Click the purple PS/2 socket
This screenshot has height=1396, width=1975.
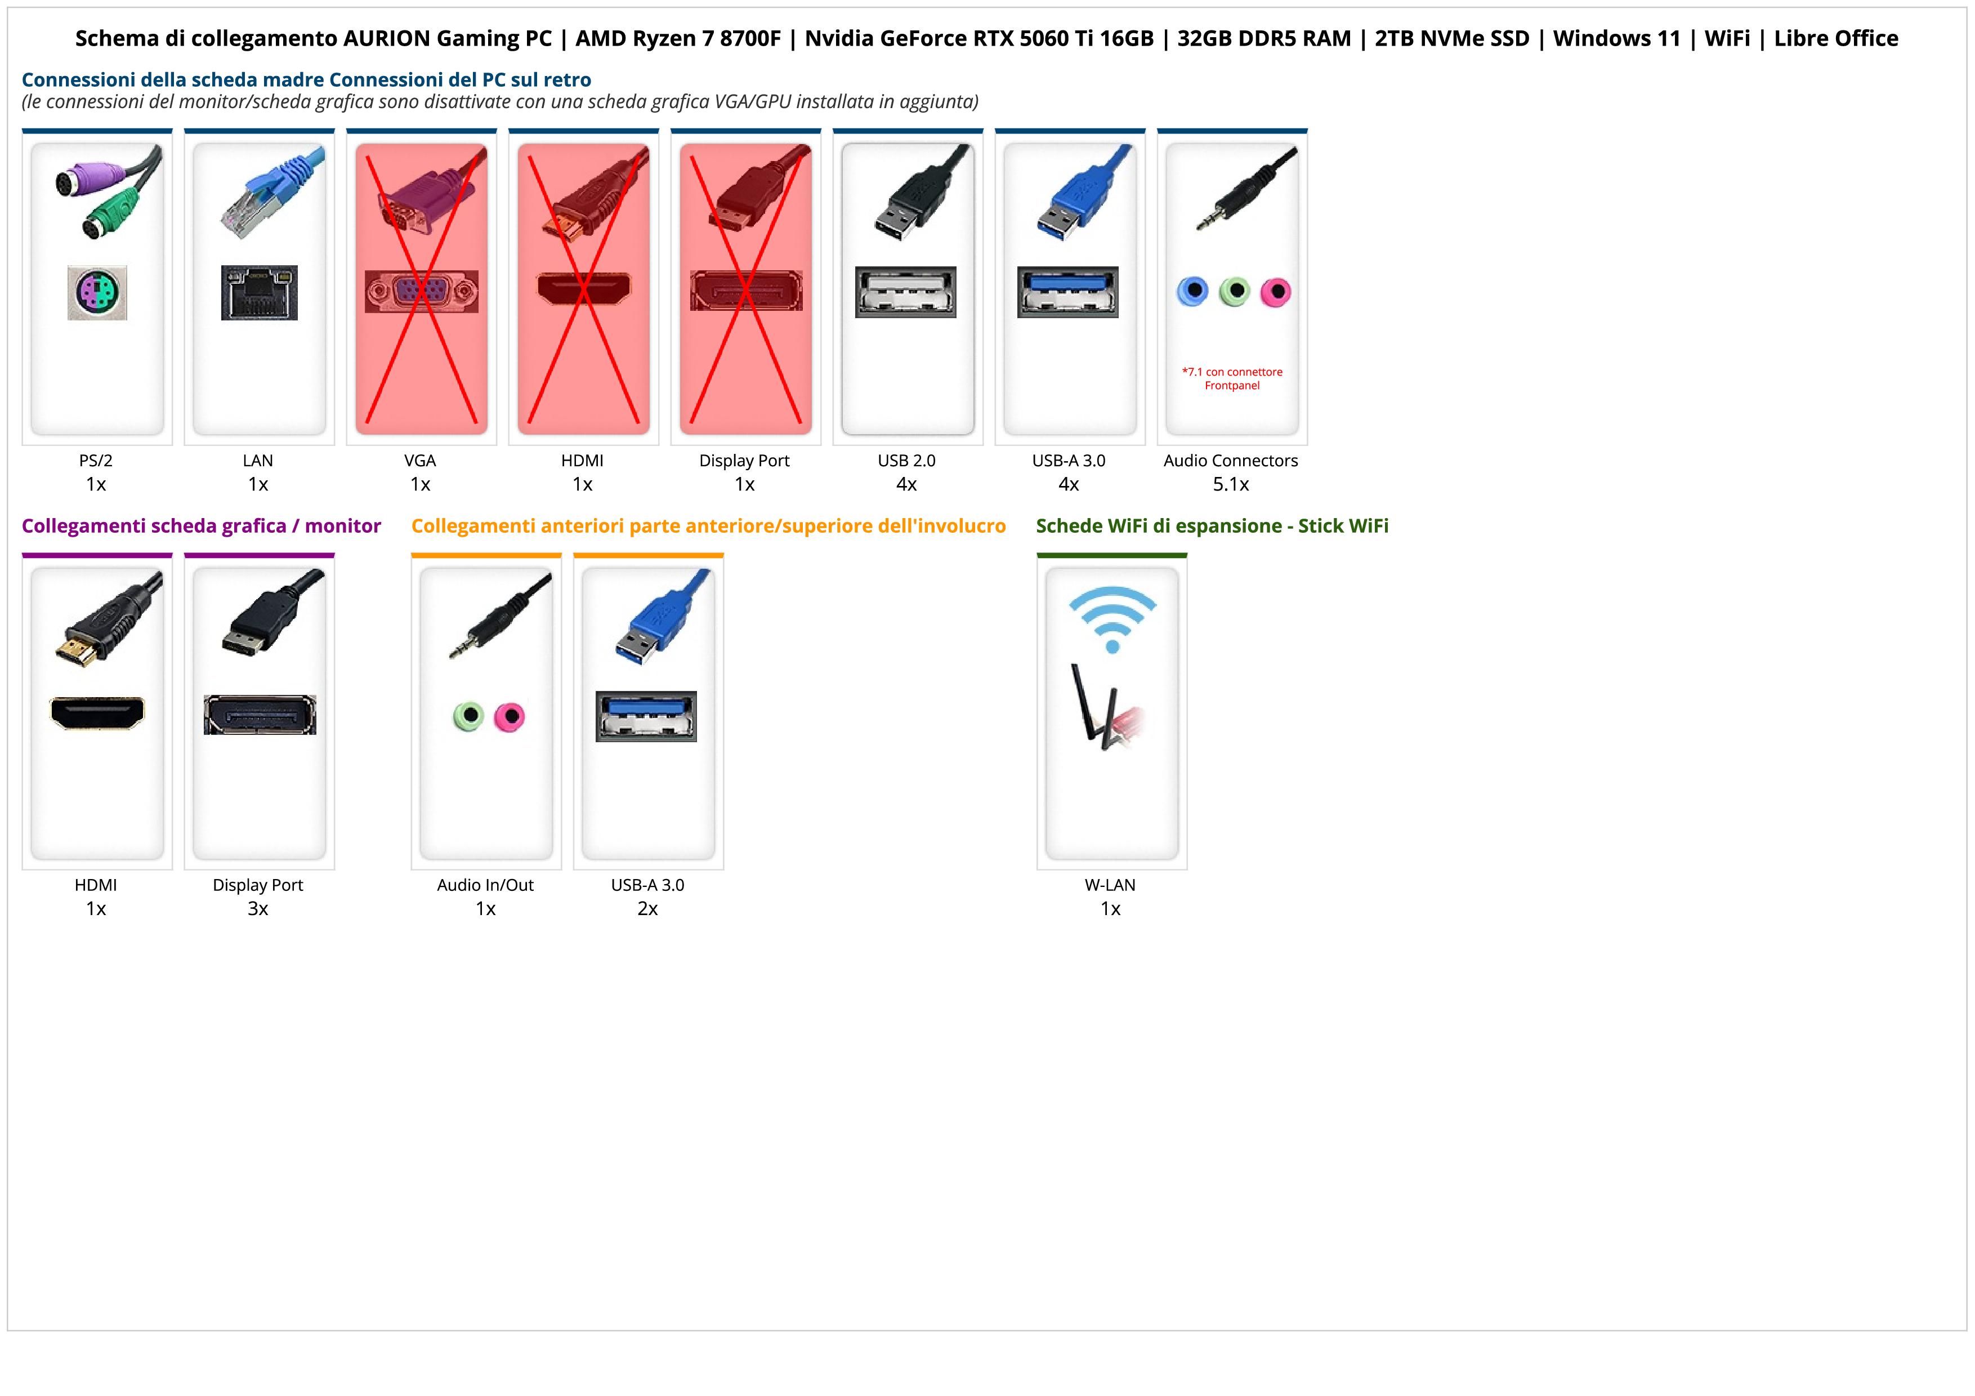pos(97,293)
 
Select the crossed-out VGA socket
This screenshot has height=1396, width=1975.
pos(421,292)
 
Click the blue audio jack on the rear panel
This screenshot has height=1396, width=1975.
pos(1192,292)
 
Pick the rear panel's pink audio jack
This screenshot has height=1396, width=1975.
pos(1276,292)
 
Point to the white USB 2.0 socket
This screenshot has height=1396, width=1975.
pos(906,292)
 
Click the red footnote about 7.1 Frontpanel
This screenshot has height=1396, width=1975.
pos(1232,378)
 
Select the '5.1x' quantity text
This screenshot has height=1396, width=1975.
pos(1230,484)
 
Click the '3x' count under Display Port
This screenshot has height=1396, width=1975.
pos(258,908)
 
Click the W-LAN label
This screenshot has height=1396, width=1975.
pos(1110,885)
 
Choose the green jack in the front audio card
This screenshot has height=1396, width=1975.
pos(468,716)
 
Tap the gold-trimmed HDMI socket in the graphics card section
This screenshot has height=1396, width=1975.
pos(97,713)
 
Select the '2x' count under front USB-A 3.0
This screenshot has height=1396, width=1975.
pos(647,908)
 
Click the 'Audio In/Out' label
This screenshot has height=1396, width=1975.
pos(485,885)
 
